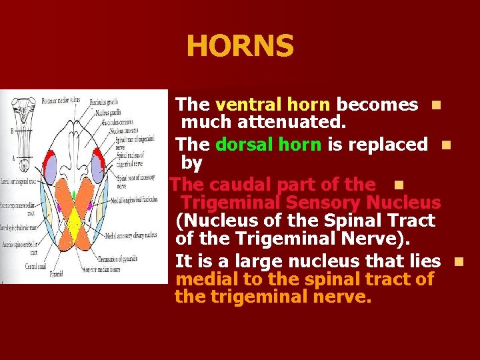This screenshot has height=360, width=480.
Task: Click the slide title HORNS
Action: click(240, 47)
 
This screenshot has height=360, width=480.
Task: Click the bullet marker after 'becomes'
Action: click(435, 105)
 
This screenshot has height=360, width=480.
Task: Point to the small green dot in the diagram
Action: click(74, 195)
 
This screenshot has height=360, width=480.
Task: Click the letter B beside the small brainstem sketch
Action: click(11, 131)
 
